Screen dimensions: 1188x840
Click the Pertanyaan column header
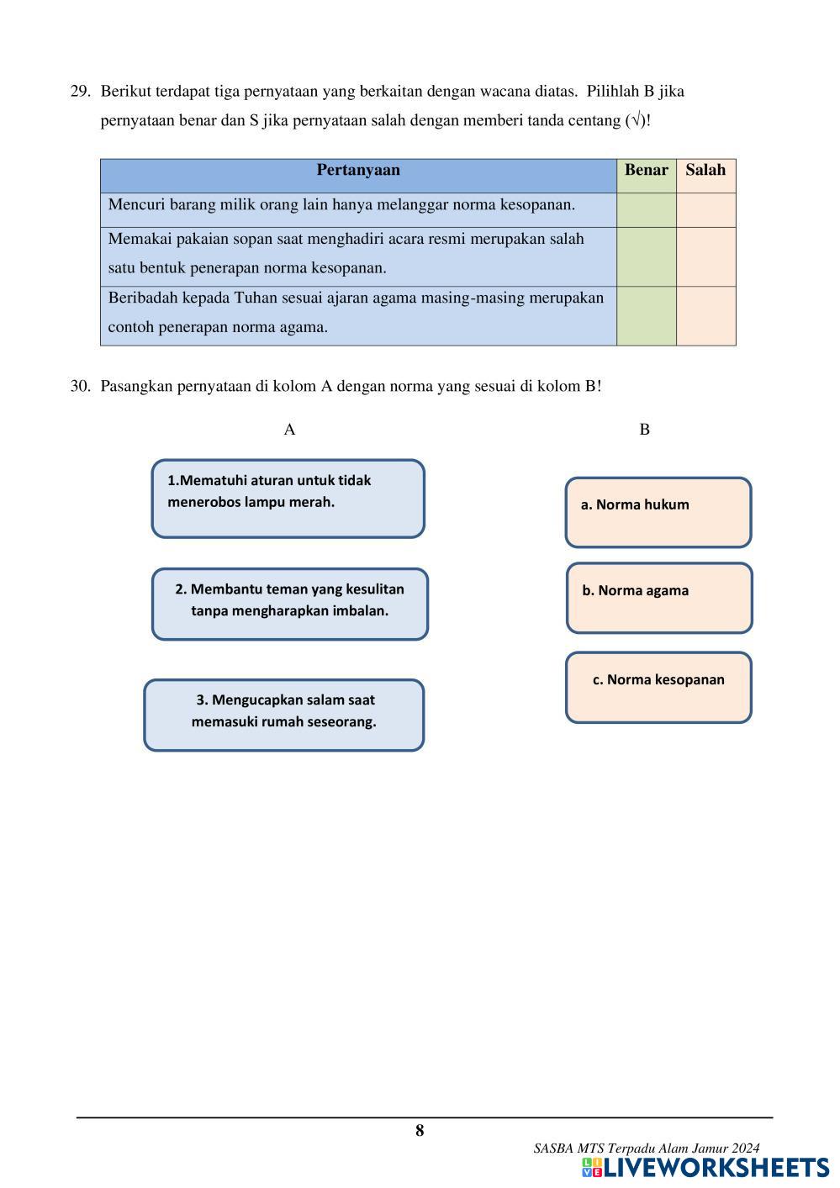(358, 171)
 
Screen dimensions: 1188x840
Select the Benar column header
(646, 171)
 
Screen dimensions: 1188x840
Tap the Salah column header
(705, 171)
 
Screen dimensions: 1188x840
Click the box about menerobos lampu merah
(288, 499)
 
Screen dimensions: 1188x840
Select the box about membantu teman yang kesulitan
(289, 604)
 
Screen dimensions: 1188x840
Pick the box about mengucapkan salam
(283, 715)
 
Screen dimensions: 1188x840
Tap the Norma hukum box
(658, 512)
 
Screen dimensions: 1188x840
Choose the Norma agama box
(658, 598)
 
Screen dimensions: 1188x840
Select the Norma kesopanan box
(658, 687)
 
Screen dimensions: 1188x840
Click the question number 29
(80, 91)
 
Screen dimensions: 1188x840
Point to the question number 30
(80, 387)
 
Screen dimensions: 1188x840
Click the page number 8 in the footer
(420, 1131)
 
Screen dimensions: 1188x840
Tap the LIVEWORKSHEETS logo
(705, 1168)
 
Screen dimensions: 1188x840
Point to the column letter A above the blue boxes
(289, 430)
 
